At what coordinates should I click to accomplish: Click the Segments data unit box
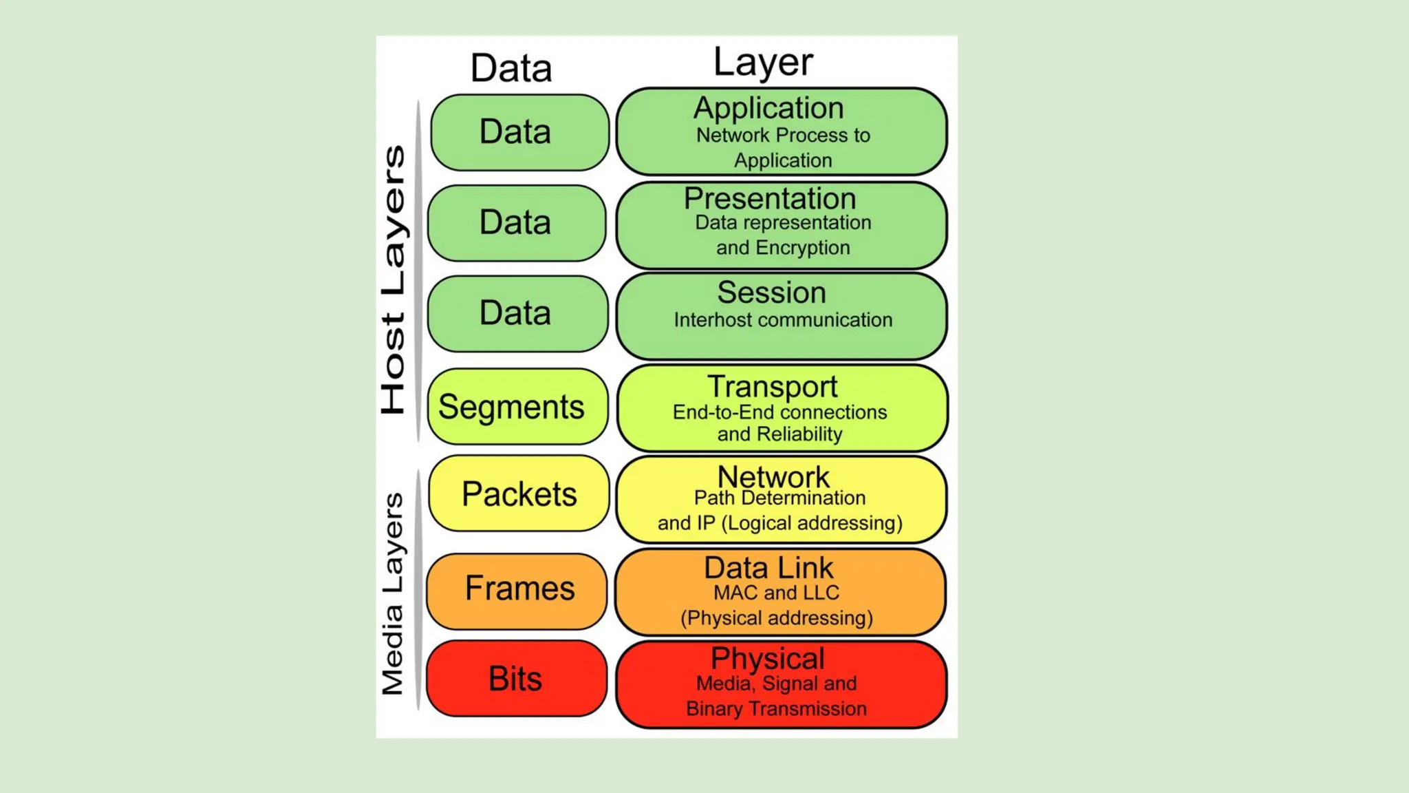click(517, 407)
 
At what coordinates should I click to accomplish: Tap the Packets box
click(519, 494)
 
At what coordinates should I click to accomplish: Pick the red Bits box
click(516, 679)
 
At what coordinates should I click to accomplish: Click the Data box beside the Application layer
click(519, 132)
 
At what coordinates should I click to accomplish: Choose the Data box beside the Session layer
click(517, 313)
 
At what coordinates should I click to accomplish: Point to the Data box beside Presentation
click(517, 223)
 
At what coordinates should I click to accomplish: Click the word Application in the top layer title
click(768, 108)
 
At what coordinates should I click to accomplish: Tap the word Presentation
click(770, 199)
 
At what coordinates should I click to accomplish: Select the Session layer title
click(771, 293)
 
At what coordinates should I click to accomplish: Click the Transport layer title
click(773, 387)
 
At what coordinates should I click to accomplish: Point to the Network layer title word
click(773, 476)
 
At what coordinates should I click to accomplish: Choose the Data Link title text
click(768, 569)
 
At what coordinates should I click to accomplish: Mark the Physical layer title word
click(768, 659)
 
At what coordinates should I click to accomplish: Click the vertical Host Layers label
click(394, 279)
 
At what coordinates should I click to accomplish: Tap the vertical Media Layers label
click(393, 593)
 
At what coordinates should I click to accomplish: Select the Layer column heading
click(763, 63)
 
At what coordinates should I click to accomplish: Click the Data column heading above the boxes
click(511, 68)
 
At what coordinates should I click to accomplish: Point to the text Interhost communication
click(783, 320)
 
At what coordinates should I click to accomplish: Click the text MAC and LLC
click(776, 593)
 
